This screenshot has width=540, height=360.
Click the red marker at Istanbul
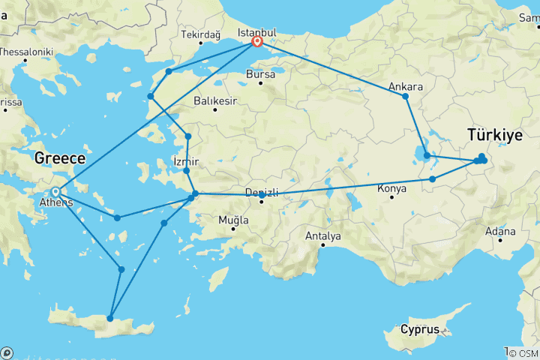(257, 42)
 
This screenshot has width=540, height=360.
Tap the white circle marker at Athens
(55, 191)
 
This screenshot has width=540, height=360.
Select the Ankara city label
(406, 87)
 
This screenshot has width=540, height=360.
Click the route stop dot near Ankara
(405, 97)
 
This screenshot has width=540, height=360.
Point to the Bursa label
(260, 76)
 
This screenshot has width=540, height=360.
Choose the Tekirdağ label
(200, 35)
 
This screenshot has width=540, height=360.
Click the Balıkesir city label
(214, 100)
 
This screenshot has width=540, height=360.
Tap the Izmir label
(185, 161)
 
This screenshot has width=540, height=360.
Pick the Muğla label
(232, 220)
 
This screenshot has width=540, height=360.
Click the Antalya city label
(323, 236)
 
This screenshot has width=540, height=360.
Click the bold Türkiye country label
(494, 136)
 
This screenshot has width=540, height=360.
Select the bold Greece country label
(61, 159)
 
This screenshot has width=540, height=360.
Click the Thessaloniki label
(25, 52)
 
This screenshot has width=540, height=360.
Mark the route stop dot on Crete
(110, 319)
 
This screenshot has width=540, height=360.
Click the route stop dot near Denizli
(262, 196)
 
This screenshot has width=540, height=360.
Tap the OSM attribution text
(523, 353)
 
